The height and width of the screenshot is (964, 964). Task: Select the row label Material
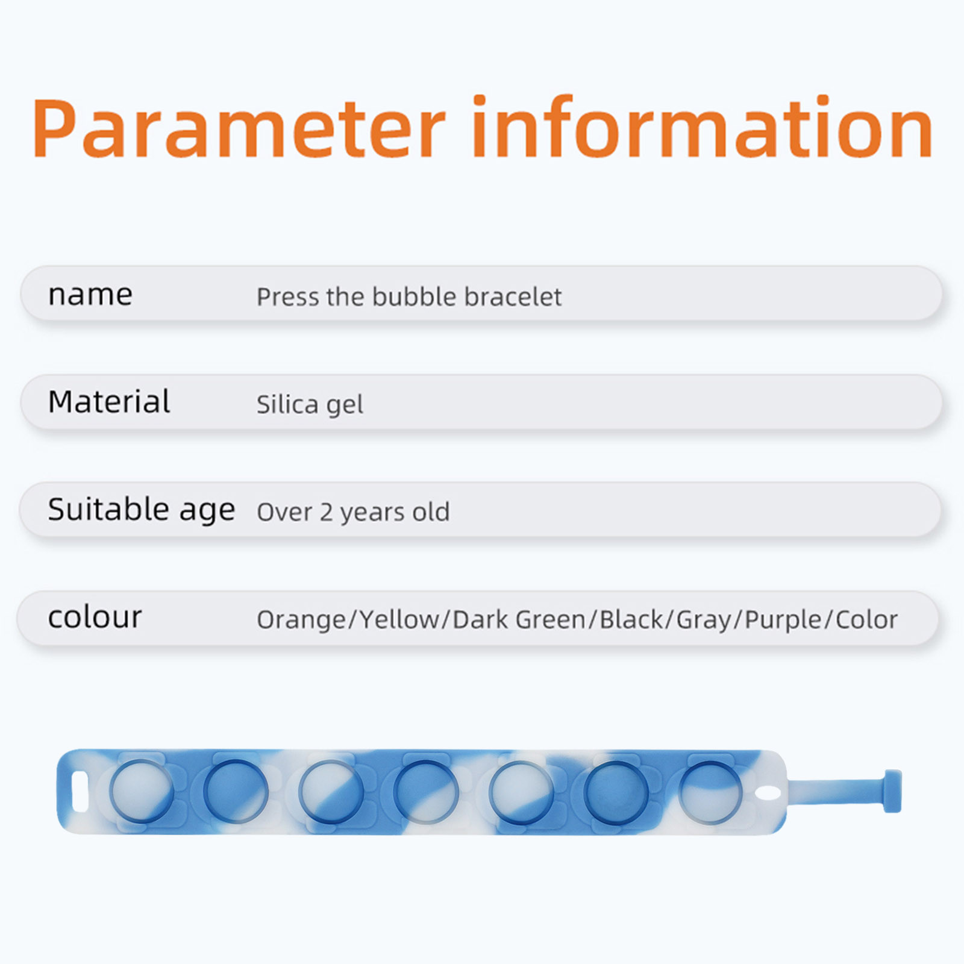109,401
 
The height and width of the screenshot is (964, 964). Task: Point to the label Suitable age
142,510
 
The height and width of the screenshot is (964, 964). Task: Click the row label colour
95,617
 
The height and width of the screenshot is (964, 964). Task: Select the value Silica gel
310,405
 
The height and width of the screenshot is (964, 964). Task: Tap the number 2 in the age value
326,513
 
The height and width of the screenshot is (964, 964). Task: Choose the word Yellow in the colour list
400,619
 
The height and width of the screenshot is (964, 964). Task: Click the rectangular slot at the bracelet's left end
80,792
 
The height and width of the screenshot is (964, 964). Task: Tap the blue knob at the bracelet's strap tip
892,791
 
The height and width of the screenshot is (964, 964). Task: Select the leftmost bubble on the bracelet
141,792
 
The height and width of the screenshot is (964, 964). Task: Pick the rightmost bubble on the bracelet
711,792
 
